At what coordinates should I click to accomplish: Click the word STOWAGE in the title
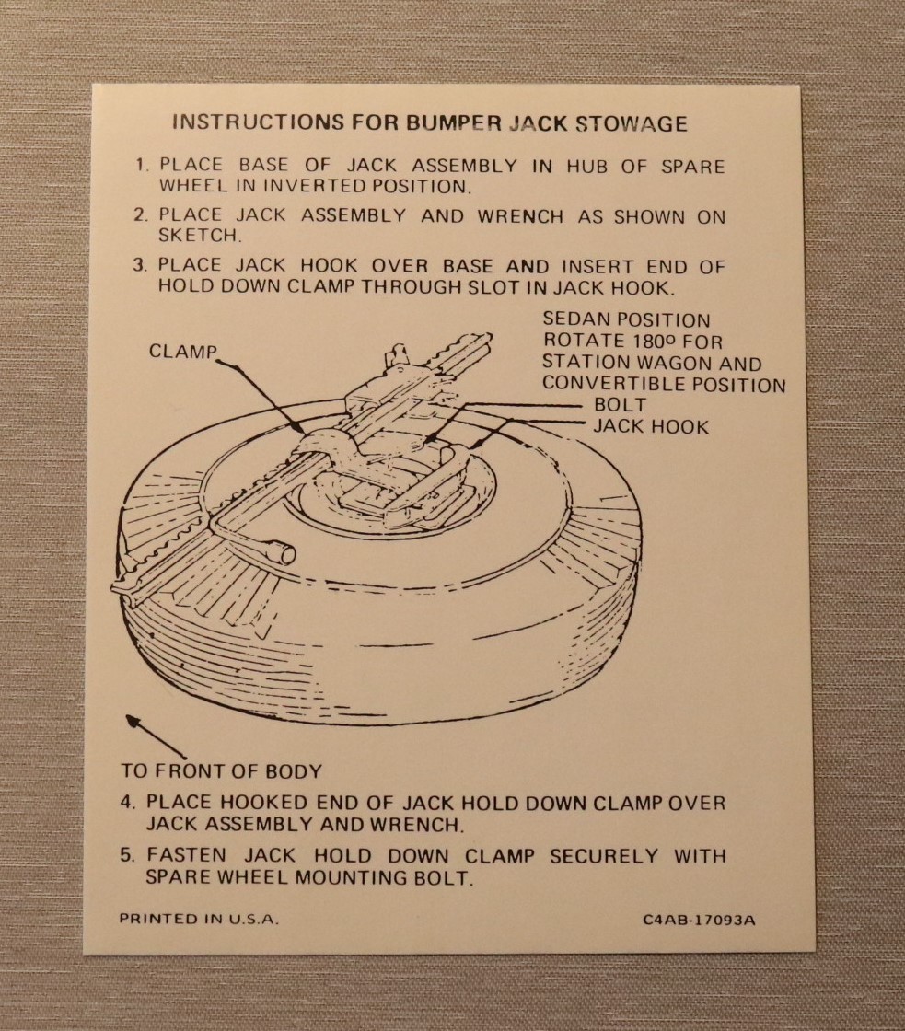point(632,123)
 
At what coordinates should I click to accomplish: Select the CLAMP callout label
point(182,351)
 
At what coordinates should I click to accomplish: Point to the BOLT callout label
point(620,404)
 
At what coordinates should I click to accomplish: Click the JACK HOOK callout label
point(651,426)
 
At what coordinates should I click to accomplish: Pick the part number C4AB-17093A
point(699,920)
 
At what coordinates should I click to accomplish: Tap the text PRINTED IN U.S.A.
point(199,919)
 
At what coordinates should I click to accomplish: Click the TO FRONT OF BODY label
point(222,770)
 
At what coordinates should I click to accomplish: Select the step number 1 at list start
point(140,165)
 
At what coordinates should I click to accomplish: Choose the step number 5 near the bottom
point(128,855)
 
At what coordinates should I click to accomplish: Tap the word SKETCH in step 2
point(199,235)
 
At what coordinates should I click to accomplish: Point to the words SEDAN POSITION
point(626,320)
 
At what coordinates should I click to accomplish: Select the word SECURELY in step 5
point(604,856)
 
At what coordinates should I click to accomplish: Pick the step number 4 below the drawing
point(128,802)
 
